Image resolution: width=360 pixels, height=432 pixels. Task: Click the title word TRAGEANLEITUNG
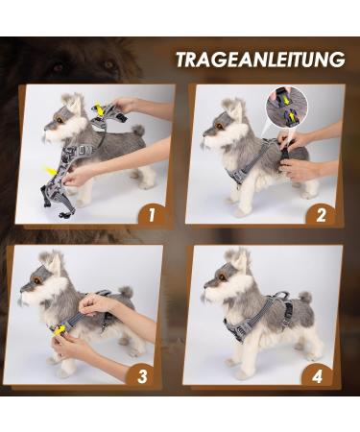click(259, 60)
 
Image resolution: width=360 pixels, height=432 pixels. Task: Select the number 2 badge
click(321, 213)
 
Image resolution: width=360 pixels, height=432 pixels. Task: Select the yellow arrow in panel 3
click(60, 331)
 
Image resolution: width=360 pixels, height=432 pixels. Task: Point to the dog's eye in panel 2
click(221, 126)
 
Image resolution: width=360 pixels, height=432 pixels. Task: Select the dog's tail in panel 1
click(138, 131)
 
